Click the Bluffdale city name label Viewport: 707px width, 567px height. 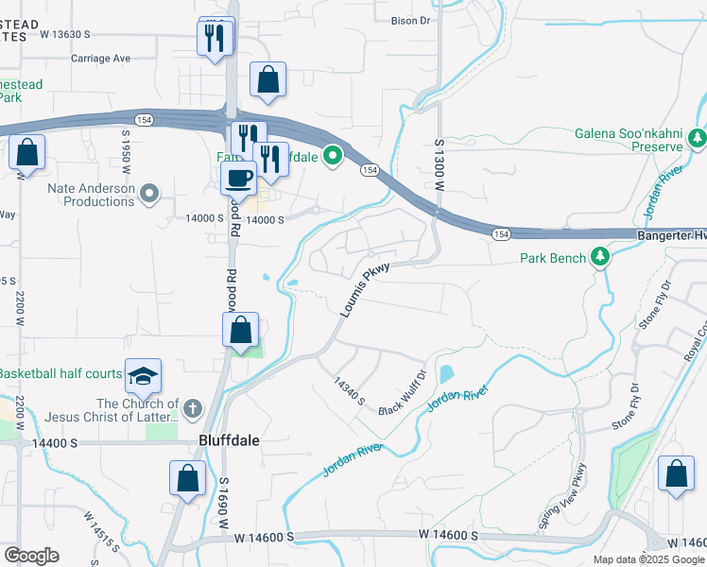point(229,440)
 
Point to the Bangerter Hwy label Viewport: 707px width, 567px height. point(667,234)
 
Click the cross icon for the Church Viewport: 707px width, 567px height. point(192,408)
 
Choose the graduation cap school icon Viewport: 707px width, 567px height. point(143,376)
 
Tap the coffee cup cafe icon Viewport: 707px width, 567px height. point(238,178)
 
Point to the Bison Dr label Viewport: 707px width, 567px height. point(410,19)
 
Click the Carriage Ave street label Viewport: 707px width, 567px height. point(100,58)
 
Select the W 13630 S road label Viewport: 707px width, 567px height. point(64,34)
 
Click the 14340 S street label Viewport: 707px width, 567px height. point(349,392)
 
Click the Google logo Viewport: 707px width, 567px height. point(31,556)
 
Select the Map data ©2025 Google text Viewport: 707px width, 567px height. point(647,559)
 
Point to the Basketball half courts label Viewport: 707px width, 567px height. point(61,373)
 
